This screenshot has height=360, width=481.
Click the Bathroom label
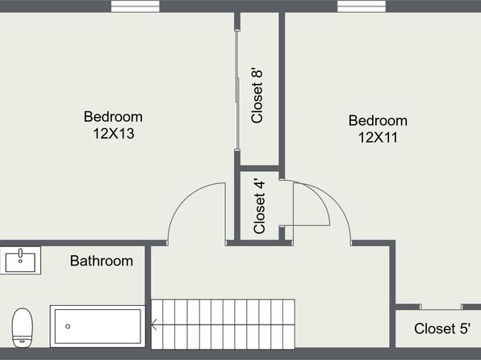pos(102,261)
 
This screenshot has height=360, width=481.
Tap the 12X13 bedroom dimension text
pos(114,133)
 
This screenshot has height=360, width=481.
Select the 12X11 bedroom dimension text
pos(378,137)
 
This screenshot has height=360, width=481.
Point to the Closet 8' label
pos(257,95)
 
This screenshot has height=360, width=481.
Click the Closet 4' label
pos(260,207)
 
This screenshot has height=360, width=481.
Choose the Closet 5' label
pos(442,329)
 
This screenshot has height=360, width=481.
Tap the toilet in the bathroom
pos(23,328)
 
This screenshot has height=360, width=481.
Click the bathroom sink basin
pos(20,262)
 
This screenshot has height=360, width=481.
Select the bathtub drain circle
pos(68,326)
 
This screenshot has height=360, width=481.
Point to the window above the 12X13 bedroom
pos(136,6)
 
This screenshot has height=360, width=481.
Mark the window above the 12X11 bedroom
pos(362,6)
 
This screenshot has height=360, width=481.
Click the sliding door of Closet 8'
pos(236,90)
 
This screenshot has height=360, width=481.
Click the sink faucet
pos(20,253)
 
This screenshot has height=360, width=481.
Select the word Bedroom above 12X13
pos(113,117)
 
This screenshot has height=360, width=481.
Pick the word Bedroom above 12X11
pos(378,120)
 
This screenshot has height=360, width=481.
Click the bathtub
pos(98,326)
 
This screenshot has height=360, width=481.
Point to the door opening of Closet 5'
pos(441,307)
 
